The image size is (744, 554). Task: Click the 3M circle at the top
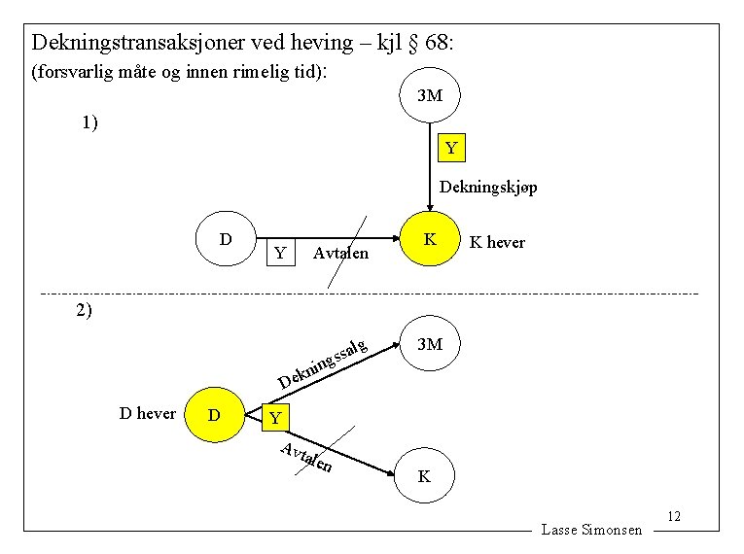tap(430, 96)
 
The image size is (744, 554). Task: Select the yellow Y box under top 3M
tap(451, 149)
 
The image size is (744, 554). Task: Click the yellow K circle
tap(430, 238)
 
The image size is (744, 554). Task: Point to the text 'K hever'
tap(497, 242)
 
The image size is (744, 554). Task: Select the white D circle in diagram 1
tap(225, 238)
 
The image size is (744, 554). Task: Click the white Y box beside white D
tap(280, 253)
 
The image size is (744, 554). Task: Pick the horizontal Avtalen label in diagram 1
tap(341, 254)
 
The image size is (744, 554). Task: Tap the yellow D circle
tap(214, 415)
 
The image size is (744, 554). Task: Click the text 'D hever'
tap(147, 413)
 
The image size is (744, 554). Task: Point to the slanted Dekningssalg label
tap(322, 364)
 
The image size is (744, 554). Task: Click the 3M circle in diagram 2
tap(429, 344)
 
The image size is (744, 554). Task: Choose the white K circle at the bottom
tap(423, 476)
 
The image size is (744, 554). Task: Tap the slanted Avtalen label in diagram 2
tap(307, 457)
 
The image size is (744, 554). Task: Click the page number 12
tap(674, 516)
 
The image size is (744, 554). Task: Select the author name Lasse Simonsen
tap(591, 530)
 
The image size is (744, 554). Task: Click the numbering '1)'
tap(89, 122)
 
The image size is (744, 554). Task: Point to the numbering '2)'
tap(84, 310)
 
